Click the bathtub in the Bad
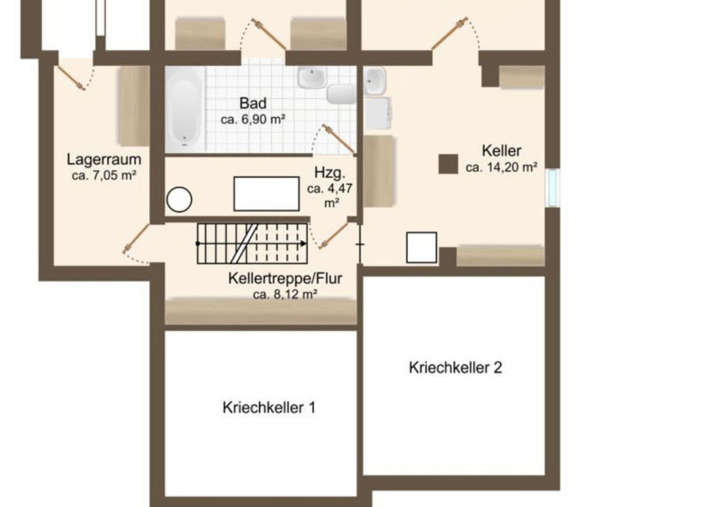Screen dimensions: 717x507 [x=185, y=109]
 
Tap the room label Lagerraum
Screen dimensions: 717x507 [x=104, y=160]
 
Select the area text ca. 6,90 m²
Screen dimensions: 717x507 [x=253, y=120]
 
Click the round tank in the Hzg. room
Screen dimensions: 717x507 [x=179, y=200]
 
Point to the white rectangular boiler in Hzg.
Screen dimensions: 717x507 [x=266, y=194]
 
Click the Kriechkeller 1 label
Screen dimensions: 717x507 [x=269, y=408]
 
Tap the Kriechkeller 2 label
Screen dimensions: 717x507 [x=455, y=368]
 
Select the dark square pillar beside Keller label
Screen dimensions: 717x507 [x=448, y=164]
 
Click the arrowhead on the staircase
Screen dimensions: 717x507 [x=304, y=244]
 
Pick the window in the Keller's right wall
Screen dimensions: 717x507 [x=553, y=188]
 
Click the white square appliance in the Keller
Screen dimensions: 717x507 [x=422, y=248]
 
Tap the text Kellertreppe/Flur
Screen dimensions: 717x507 [x=285, y=279]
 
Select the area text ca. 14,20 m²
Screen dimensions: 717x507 [x=501, y=167]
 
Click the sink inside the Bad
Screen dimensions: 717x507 [x=311, y=77]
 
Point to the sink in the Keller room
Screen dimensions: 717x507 [x=375, y=81]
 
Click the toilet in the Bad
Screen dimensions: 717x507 [x=341, y=94]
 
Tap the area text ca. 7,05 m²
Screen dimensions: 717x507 [x=104, y=176]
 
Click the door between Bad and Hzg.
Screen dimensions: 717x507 [x=339, y=139]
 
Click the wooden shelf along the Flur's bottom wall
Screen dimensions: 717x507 [x=261, y=311]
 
